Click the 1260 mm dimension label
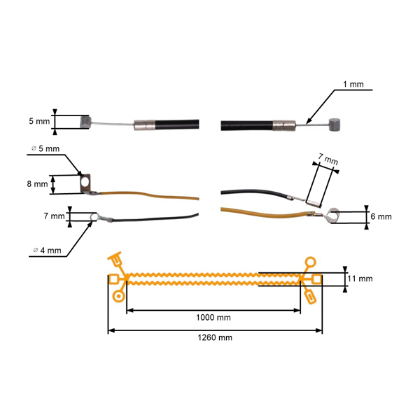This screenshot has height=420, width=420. click(x=215, y=337)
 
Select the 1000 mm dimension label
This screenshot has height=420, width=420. click(x=215, y=316)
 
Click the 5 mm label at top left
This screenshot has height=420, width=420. click(x=39, y=122)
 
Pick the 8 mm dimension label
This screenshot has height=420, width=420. click(x=37, y=185)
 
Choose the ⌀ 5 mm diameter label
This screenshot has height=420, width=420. click(x=47, y=148)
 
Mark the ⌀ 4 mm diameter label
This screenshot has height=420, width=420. click(x=47, y=250)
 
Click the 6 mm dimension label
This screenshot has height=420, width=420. click(x=381, y=217)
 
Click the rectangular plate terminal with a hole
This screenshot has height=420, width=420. click(x=86, y=183)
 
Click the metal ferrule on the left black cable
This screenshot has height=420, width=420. click(x=143, y=127)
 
